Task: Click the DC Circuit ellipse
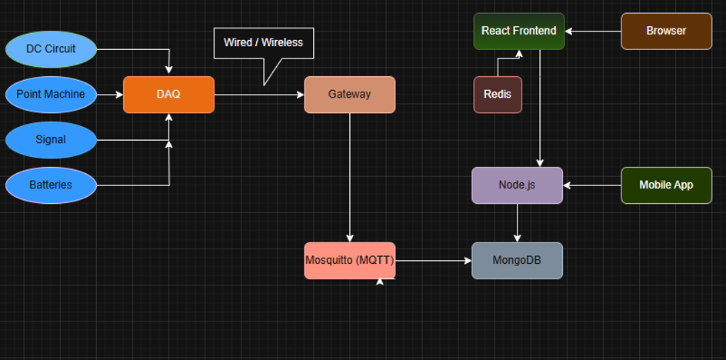(x=51, y=49)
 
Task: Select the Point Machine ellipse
(x=51, y=95)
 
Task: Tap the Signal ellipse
(x=51, y=140)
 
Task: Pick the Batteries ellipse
(x=51, y=185)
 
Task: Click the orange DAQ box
(x=168, y=95)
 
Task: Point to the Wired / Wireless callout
(x=263, y=43)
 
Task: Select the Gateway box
(x=349, y=95)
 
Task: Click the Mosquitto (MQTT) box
(x=349, y=261)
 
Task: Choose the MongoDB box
(x=517, y=261)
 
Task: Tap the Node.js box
(x=517, y=185)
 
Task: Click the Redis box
(x=497, y=95)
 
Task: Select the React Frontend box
(x=518, y=32)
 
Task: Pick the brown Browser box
(x=666, y=32)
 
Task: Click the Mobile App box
(x=666, y=185)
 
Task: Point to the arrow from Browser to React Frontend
(x=593, y=32)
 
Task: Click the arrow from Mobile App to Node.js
(x=592, y=185)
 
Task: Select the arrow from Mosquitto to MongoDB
(x=433, y=261)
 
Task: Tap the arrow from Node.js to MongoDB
(x=517, y=223)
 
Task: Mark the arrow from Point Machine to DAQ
(x=110, y=95)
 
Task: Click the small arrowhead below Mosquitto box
(x=380, y=282)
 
